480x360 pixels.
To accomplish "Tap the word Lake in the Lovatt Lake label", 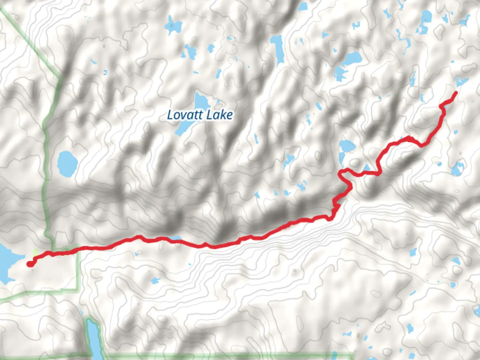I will click(x=219, y=115).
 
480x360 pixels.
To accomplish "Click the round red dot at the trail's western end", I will click(x=30, y=264).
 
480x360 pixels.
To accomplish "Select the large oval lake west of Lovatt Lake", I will click(x=67, y=161).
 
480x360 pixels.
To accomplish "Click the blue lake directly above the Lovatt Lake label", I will click(x=201, y=100).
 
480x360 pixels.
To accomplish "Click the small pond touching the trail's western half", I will click(x=175, y=238).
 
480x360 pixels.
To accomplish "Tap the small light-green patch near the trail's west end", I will click(x=35, y=253).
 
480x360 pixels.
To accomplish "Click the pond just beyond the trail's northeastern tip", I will click(x=462, y=81).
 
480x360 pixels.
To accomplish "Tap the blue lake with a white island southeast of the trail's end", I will click(x=458, y=168).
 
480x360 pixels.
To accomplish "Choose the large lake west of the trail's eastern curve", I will click(x=347, y=146).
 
